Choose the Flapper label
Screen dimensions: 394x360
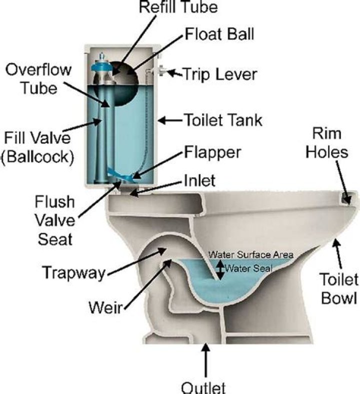point(212,152)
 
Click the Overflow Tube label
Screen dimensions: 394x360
point(31,79)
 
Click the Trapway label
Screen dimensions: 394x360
point(73,273)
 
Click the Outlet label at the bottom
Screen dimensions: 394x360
point(204,387)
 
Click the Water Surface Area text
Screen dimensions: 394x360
point(251,254)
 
